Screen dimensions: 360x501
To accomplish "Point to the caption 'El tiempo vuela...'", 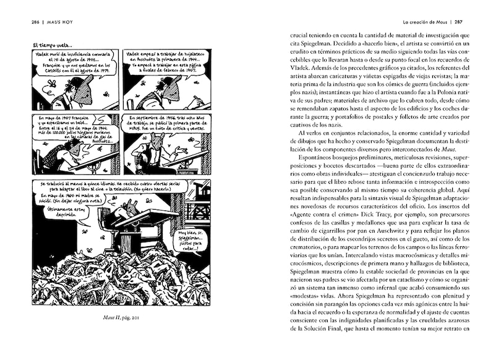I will point(52,45).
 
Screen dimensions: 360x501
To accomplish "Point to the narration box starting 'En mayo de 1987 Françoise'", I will point(67,130).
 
